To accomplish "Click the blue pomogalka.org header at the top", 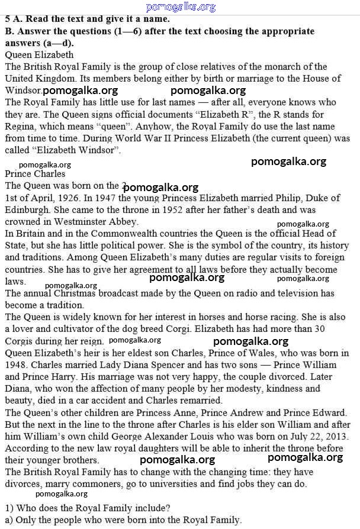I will pos(180,7).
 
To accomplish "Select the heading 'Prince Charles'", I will pos(35,174).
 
